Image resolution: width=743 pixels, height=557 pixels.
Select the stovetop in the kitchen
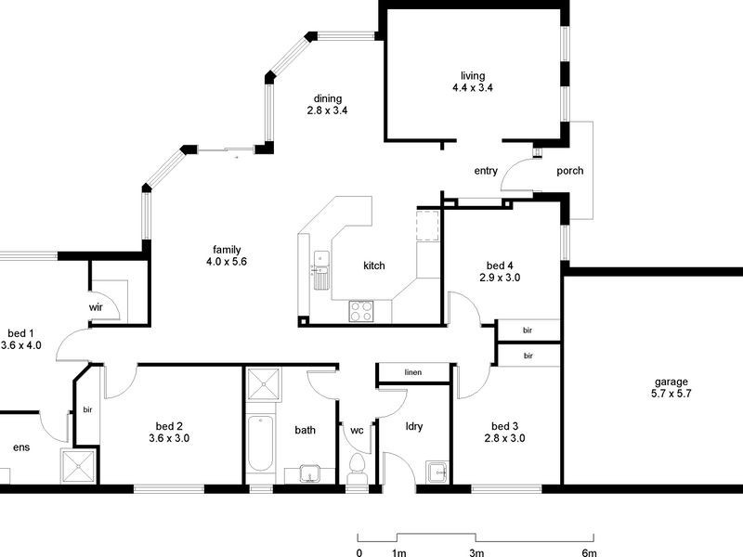pos(360,311)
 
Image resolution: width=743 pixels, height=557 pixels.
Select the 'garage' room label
pos(671,382)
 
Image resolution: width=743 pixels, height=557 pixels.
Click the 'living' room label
pos(473,76)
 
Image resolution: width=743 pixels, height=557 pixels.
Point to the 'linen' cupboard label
pos(413,373)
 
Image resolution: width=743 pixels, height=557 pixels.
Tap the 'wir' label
pos(96,305)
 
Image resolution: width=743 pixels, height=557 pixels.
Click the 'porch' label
pos(569,171)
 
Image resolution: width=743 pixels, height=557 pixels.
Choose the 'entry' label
pos(486,171)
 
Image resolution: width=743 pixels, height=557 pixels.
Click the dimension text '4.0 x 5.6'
pos(228,262)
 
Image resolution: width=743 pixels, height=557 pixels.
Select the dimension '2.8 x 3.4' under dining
pos(327,110)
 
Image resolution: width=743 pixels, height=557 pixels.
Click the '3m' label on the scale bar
pos(476,552)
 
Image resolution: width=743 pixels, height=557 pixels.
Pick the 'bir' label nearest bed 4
pos(528,330)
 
